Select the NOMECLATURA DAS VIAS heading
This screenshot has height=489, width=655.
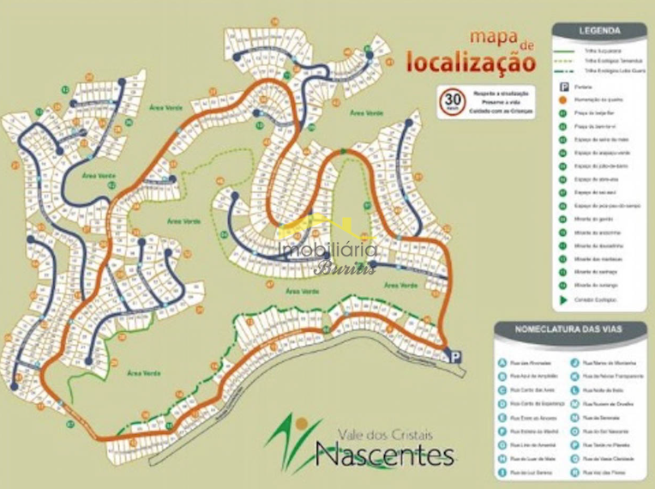pyautogui.click(x=569, y=329)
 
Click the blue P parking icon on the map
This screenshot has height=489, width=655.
pyautogui.click(x=454, y=356)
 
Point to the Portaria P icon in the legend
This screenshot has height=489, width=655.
pyautogui.click(x=565, y=87)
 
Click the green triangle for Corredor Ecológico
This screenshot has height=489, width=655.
pyautogui.click(x=565, y=300)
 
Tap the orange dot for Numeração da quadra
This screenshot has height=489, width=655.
pyautogui.click(x=565, y=100)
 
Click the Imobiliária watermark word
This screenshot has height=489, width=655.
pyautogui.click(x=328, y=250)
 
